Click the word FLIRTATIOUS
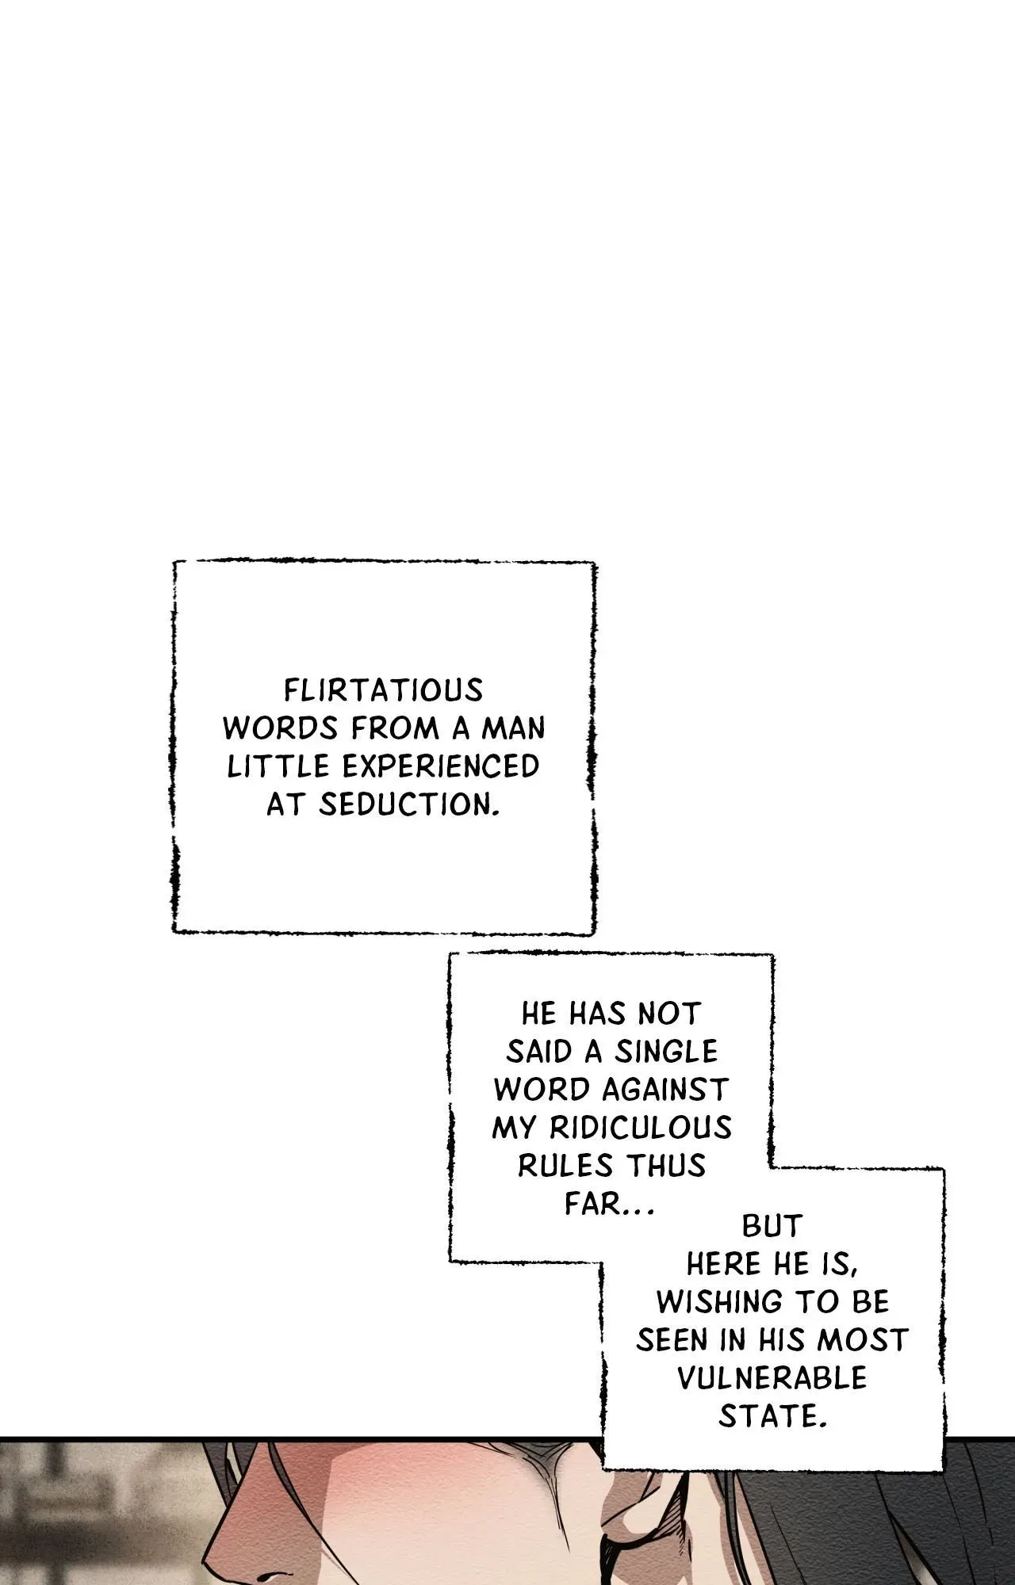(384, 691)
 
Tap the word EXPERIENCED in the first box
(440, 766)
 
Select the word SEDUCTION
(408, 804)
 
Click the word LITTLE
(278, 766)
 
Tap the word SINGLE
(666, 1052)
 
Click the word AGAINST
(665, 1090)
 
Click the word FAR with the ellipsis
(607, 1204)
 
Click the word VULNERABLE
(772, 1378)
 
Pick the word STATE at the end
(772, 1416)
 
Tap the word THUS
(666, 1166)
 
